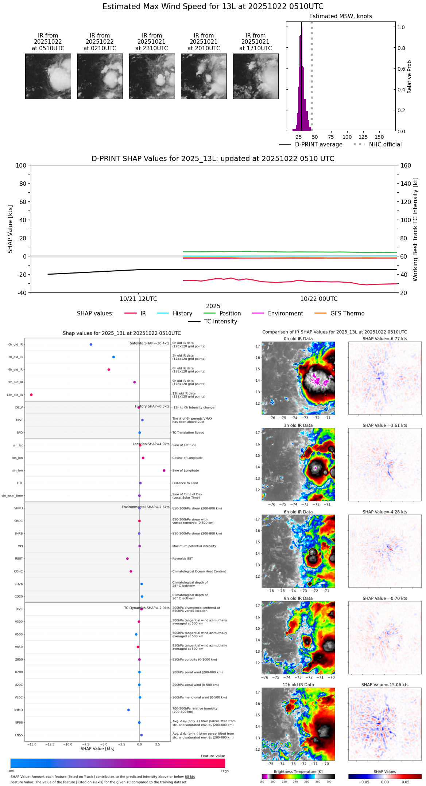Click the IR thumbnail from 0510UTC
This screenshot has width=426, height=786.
coord(48,76)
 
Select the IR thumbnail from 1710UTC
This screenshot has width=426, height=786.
coord(255,76)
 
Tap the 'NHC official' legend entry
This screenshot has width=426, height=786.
coord(385,145)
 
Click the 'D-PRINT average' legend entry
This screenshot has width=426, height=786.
coord(318,145)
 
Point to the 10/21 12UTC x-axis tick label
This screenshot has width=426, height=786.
coord(138,299)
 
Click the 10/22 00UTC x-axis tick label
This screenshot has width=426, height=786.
coord(319,299)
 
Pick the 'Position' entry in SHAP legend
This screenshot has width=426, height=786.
coord(230,314)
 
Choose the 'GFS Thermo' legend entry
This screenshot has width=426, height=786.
coord(347,314)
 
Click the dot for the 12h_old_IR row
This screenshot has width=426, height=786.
coord(31,395)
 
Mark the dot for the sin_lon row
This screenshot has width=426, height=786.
coord(164,471)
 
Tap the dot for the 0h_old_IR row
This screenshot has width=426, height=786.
coord(91,345)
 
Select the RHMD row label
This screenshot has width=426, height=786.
coord(18,710)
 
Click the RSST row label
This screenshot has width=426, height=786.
coord(19,559)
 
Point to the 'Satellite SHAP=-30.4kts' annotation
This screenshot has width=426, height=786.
coord(150,343)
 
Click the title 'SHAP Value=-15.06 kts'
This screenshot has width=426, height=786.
coord(385,685)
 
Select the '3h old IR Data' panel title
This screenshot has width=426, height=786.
coord(298,425)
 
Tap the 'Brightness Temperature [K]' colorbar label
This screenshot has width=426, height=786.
coord(298,771)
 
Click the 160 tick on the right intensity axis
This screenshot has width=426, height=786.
coord(406,166)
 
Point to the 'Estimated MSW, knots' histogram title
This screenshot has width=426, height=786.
coord(340,16)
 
